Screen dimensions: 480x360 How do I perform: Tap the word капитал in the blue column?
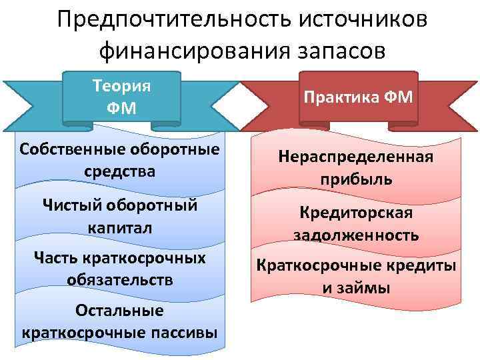click(120, 227)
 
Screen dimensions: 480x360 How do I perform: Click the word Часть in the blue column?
click(55, 257)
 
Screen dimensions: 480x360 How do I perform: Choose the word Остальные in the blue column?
click(120, 311)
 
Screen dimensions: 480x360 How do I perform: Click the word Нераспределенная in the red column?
click(356, 157)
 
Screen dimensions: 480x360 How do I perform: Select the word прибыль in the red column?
click(356, 180)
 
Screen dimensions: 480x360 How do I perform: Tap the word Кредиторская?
click(356, 213)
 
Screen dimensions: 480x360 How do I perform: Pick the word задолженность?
click(356, 235)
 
